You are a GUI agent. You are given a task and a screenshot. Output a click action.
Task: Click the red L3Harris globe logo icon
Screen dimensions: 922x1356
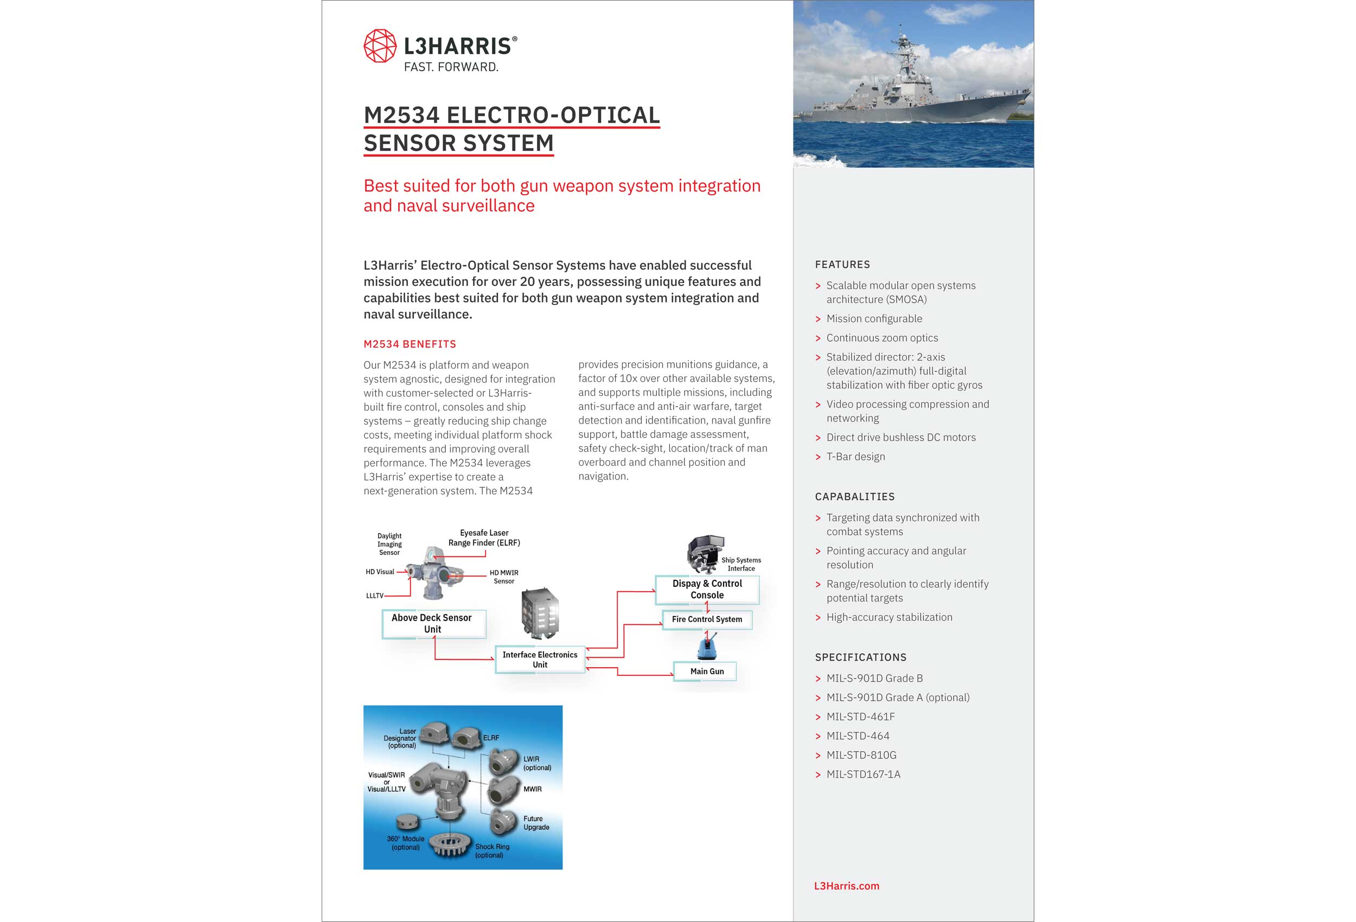coord(380,46)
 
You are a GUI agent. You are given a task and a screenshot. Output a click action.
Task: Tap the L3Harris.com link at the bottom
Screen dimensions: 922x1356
coord(846,885)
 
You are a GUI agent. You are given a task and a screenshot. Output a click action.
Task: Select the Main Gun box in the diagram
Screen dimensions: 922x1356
coord(706,671)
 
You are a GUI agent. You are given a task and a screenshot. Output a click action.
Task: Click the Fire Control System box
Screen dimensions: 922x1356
coord(707,619)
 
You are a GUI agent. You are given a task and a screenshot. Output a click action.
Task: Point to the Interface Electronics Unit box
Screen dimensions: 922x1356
coord(540,660)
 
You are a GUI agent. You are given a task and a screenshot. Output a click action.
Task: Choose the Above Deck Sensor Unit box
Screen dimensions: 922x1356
coord(432,623)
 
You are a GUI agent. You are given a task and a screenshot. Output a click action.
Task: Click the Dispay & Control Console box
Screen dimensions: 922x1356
coord(707,590)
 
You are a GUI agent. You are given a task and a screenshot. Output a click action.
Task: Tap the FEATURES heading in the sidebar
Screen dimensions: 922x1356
coord(842,264)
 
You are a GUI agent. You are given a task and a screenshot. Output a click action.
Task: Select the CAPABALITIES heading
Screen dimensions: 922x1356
coord(854,497)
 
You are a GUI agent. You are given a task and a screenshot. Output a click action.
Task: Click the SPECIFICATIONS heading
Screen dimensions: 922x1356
coord(860,657)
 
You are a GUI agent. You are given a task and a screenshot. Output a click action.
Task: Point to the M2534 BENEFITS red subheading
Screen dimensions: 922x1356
coord(410,344)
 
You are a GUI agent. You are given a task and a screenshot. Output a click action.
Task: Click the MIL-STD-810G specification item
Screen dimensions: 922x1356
coord(861,755)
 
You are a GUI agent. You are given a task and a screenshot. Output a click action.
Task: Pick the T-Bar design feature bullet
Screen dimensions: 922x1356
coord(855,456)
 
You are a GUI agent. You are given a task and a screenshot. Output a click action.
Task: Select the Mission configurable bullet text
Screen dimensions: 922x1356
coord(873,318)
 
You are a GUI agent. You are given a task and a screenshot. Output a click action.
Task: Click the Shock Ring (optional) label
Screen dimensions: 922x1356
coord(491,851)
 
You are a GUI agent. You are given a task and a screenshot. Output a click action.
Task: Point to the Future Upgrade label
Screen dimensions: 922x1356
coord(536,823)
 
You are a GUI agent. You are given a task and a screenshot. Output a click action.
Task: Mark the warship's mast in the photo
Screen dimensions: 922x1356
coord(903,49)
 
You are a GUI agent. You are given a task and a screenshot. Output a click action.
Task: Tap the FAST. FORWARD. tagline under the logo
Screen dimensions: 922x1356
coord(451,67)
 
